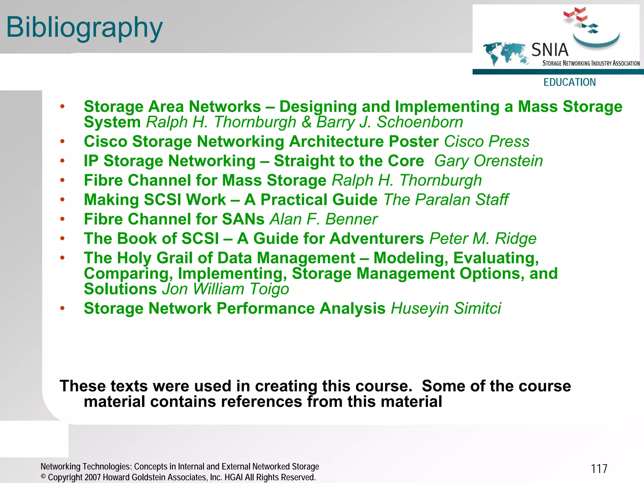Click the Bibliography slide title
84,28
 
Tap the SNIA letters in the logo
550,50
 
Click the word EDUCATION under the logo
569,82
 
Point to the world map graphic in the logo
504,53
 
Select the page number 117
599,469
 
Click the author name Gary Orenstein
488,161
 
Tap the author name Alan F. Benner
324,219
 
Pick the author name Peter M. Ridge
483,239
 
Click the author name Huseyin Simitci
446,308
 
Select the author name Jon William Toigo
225,289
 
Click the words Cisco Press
486,141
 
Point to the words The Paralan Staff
446,200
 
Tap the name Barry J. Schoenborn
390,122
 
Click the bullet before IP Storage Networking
62,161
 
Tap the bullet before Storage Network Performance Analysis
62,308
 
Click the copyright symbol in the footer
43,477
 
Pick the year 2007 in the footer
93,477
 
